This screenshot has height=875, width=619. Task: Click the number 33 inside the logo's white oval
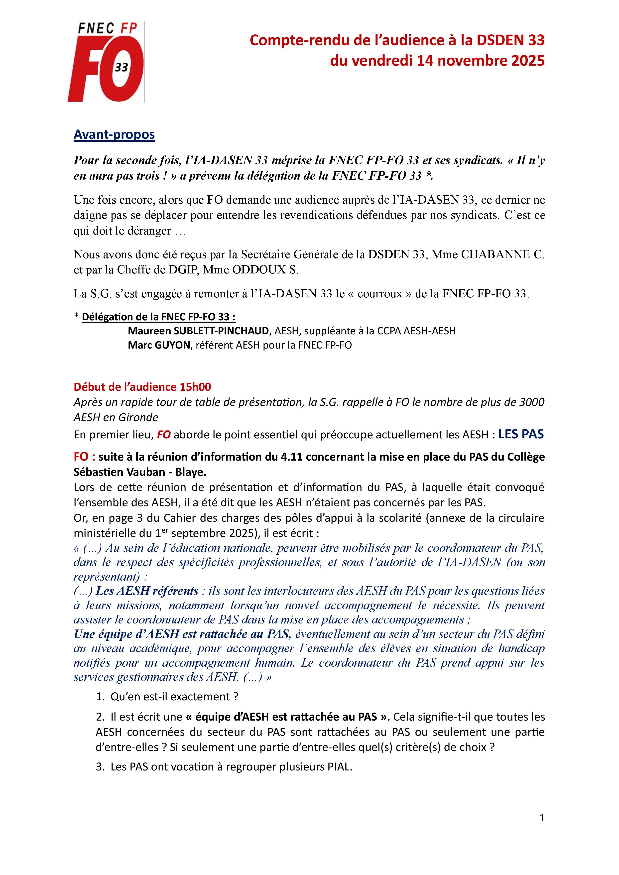click(x=122, y=67)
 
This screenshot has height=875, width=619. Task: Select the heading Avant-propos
click(x=114, y=134)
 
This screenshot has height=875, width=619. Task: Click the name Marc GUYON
click(x=159, y=345)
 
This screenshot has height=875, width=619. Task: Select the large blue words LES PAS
click(x=521, y=434)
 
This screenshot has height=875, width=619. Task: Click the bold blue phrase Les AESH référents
click(x=147, y=591)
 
